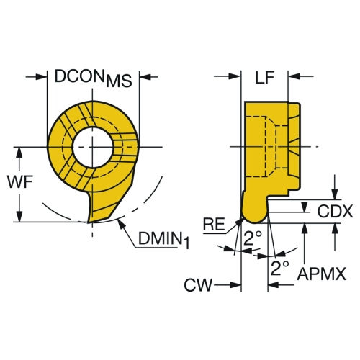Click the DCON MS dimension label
[x=93, y=78]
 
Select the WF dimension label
[x=20, y=182]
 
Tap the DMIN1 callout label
[x=164, y=240]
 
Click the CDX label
[x=335, y=211]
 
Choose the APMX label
[x=322, y=274]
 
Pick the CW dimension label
[x=198, y=285]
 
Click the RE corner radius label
[x=214, y=225]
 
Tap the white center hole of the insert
[x=93, y=147]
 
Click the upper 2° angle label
[x=253, y=238]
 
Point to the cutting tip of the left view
[x=89, y=222]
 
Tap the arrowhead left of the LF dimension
[x=235, y=76]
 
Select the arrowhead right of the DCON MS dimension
[x=145, y=77]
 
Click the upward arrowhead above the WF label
[x=19, y=153]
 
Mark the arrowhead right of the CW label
[x=235, y=285]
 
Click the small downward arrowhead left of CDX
[x=305, y=207]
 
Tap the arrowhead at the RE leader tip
[x=238, y=222]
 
